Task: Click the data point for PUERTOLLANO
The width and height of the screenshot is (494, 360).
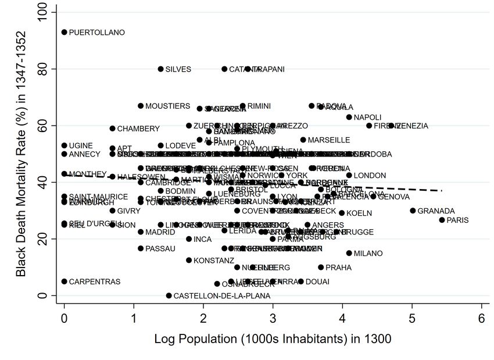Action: (x=64, y=33)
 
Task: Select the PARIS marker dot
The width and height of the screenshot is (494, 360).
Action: (x=442, y=220)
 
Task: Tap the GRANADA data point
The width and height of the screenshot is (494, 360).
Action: (x=413, y=211)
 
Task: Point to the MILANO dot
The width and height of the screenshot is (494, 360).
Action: (x=349, y=253)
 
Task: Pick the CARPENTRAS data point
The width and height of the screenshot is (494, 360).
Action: (x=64, y=281)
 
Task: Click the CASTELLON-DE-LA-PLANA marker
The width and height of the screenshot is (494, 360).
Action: (x=169, y=295)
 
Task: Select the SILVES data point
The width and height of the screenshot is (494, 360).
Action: (x=160, y=69)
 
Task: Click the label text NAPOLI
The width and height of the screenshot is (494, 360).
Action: (x=367, y=117)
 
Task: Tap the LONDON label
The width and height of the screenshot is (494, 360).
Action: (x=370, y=175)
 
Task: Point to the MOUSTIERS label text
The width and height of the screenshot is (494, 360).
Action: (x=167, y=106)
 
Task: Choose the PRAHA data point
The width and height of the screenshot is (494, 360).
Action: (x=321, y=268)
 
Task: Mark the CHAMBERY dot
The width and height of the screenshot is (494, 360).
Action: (x=113, y=129)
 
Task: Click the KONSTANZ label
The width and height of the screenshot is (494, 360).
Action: (x=213, y=261)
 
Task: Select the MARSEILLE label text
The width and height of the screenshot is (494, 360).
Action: (x=329, y=140)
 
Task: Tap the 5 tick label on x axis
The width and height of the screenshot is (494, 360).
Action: (x=413, y=319)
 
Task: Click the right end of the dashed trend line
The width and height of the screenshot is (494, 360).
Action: (x=443, y=190)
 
